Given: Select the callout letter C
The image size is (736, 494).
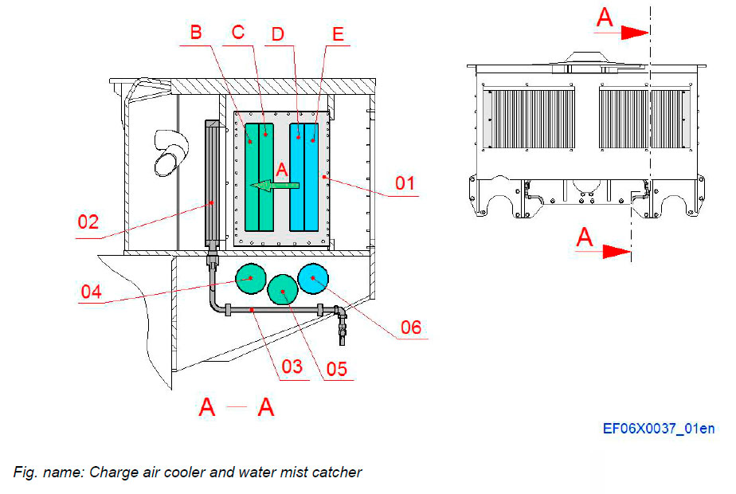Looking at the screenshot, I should pos(237,33).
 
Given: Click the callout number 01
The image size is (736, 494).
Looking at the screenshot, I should pos(405,183).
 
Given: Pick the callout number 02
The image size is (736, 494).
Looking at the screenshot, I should pos(88,221).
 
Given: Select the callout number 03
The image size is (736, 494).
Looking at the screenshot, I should pos(292,367).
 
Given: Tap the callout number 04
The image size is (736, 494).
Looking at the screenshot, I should pos(92,290).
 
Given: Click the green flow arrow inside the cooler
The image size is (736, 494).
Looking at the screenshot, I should pos(275,186).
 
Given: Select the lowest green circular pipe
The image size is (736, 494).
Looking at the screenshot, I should pos(283,291).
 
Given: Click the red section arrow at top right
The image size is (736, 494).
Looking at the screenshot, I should pos(634,33).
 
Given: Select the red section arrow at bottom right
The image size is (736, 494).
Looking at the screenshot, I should pos(616,252).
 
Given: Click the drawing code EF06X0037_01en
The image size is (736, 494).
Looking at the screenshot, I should pos(658,429).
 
